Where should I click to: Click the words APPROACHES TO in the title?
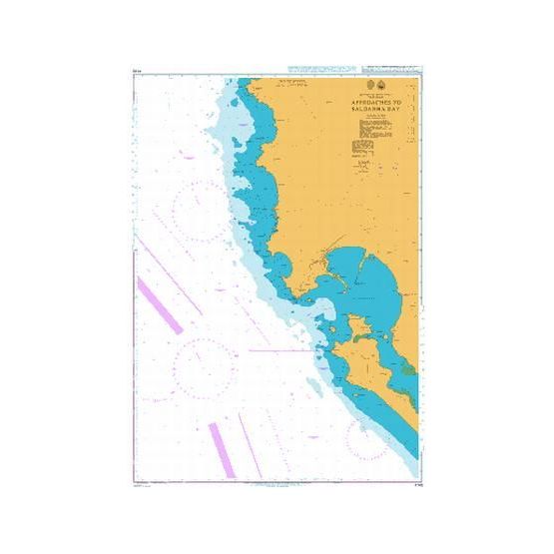click(x=372, y=103)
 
